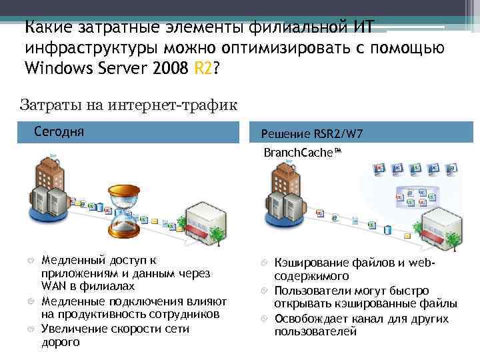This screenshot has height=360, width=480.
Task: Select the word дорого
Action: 60,342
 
